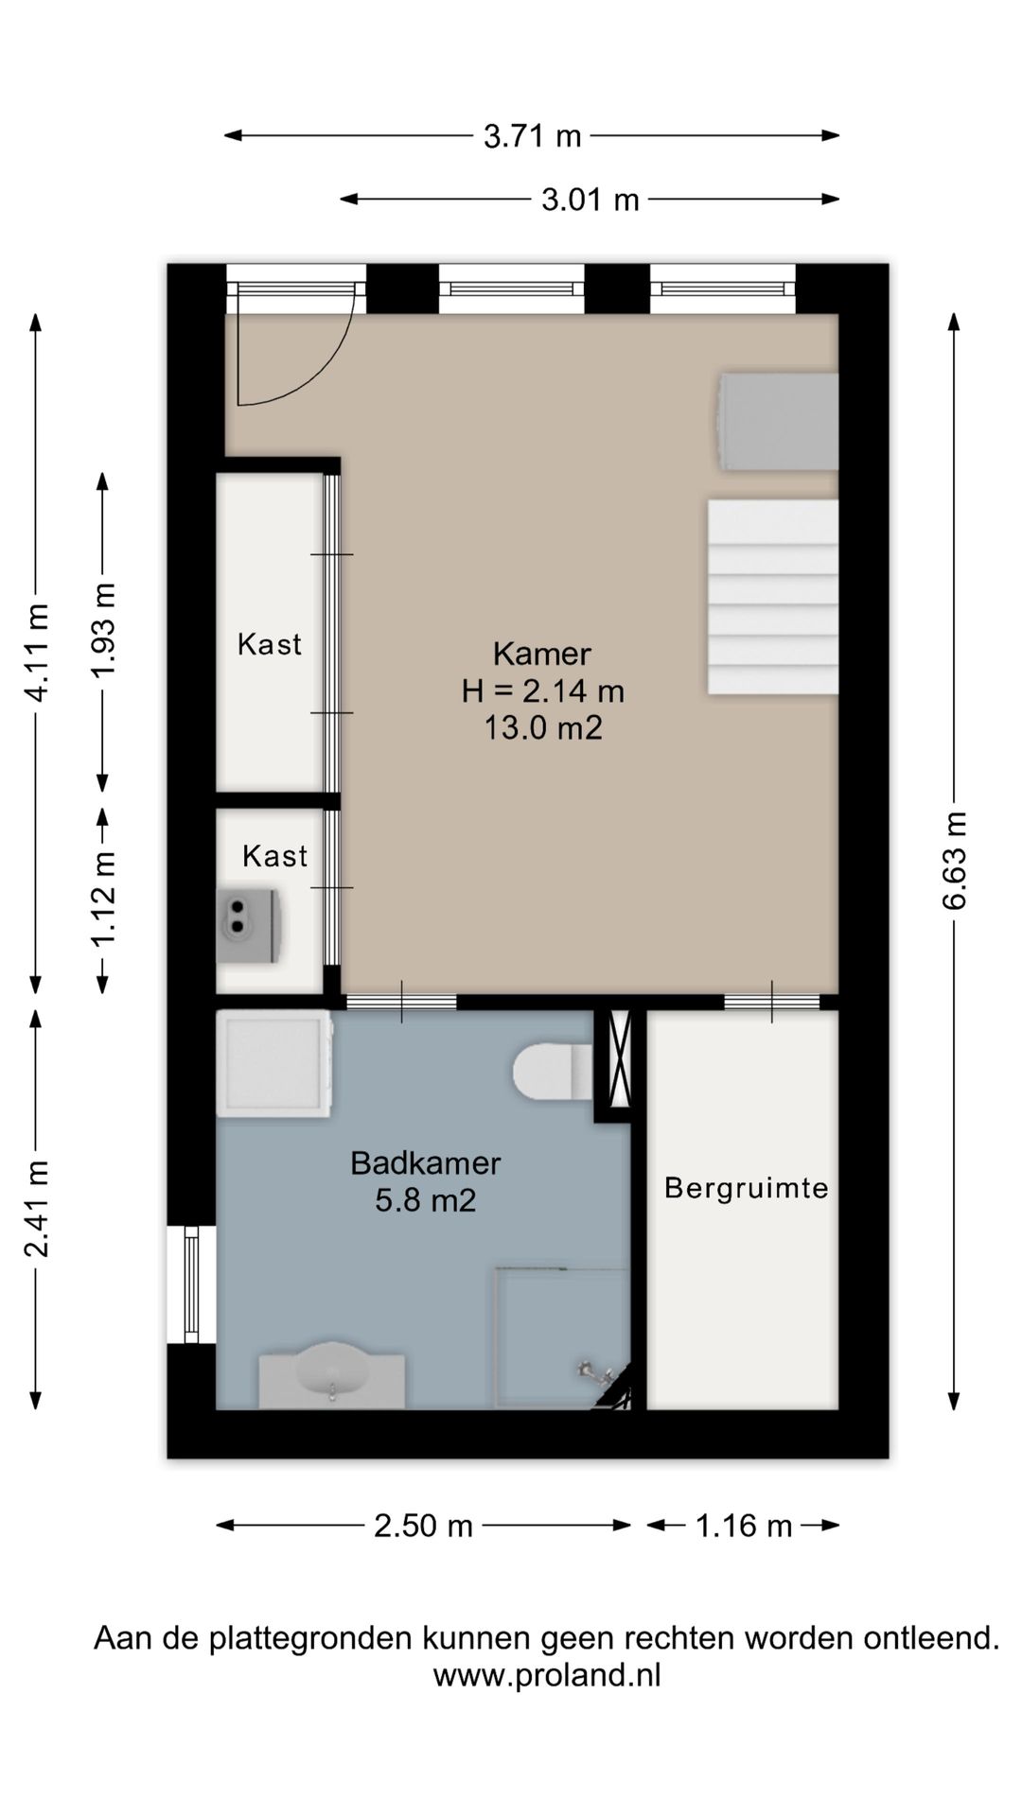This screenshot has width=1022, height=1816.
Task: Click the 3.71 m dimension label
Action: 532,136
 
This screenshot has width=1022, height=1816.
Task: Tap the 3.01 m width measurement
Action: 590,200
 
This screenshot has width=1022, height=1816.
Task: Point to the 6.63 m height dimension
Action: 955,861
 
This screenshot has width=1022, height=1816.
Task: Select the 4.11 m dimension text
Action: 37,653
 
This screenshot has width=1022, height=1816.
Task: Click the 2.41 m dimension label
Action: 37,1208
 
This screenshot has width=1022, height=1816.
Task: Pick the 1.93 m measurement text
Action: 103,630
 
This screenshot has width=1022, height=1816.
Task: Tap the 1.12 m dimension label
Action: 103,898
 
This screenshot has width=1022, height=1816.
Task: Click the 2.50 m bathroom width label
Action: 423,1526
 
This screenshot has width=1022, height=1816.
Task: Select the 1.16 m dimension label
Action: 744,1526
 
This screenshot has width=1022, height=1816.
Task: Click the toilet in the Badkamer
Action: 554,1072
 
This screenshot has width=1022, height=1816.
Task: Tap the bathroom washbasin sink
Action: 332,1373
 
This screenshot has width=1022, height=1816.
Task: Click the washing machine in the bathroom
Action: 274,1063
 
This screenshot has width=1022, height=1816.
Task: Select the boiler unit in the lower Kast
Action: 249,925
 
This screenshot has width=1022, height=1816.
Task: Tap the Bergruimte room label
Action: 747,1188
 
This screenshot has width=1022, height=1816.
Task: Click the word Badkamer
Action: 426,1163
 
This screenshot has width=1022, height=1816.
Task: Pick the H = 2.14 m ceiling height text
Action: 543,691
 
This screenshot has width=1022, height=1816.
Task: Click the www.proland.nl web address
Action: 547,1675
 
